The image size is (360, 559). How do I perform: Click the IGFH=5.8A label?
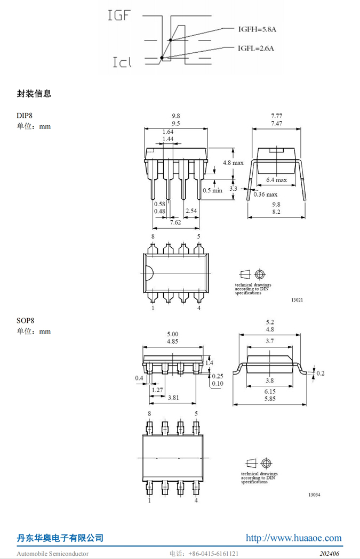[257, 29]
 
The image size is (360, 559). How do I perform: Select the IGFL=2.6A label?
[256, 48]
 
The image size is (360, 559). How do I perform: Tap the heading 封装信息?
[34, 94]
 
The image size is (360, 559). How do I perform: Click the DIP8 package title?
[25, 116]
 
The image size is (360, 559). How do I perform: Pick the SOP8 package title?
[25, 320]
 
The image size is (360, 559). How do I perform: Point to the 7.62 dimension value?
[175, 222]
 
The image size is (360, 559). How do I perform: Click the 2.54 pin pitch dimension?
[191, 210]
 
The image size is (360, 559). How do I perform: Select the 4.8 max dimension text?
[234, 163]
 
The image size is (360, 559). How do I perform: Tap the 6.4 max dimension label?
[276, 180]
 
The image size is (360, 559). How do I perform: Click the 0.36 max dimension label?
[266, 195]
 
